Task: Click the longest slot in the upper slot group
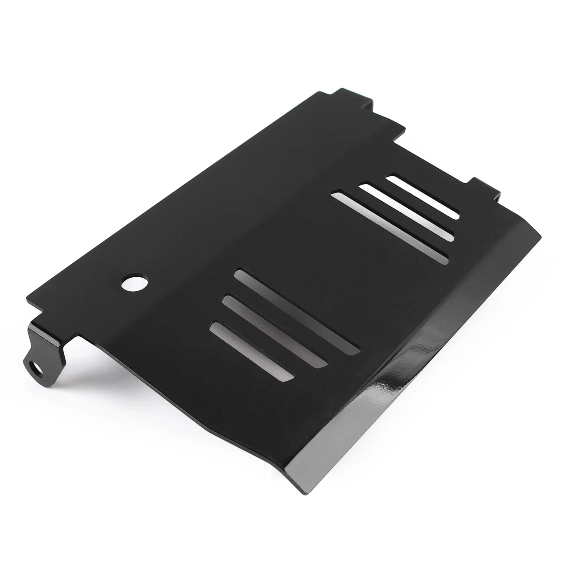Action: pos(389,228)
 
